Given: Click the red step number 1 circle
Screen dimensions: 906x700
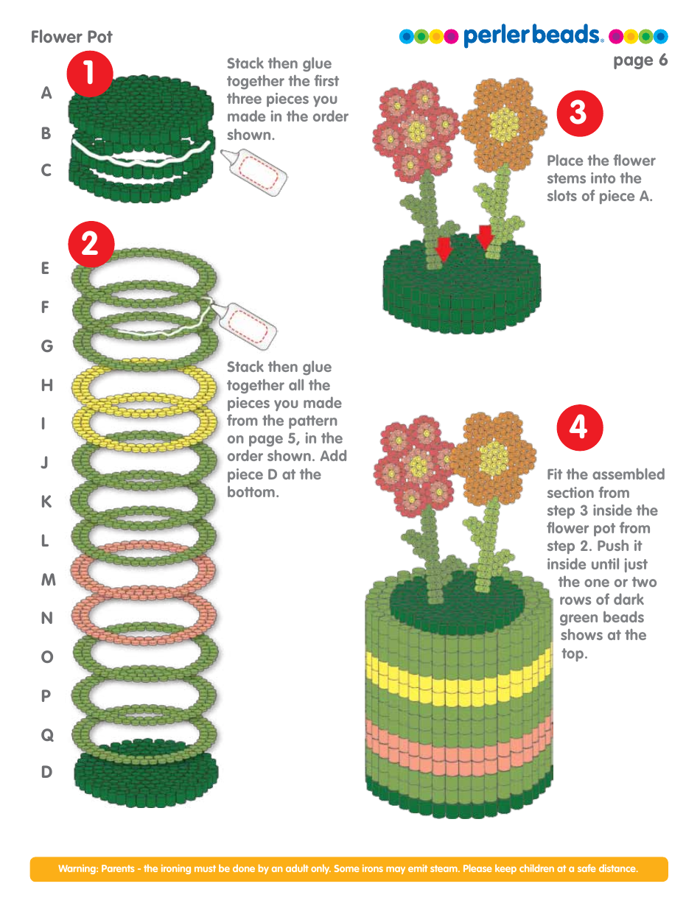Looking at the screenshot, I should click(x=89, y=74).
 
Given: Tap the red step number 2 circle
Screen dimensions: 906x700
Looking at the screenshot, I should click(x=89, y=244).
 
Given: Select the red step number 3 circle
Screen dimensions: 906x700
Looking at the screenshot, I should click(x=579, y=113).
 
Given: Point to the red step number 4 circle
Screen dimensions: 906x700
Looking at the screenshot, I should click(x=579, y=427).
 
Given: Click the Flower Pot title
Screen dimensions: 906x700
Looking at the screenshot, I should click(x=71, y=37).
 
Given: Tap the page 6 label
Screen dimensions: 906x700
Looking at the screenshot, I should click(x=640, y=60).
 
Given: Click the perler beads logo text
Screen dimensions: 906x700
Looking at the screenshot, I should click(x=533, y=35).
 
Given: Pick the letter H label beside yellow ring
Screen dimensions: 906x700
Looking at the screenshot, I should click(x=47, y=385).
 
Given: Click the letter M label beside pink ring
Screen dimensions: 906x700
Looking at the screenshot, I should click(x=48, y=580).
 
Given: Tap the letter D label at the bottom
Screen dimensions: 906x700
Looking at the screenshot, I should click(x=47, y=773).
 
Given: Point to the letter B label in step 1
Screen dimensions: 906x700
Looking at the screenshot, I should click(x=46, y=133).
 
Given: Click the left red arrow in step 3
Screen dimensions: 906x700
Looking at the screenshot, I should click(x=443, y=250).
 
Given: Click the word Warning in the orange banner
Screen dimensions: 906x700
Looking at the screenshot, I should click(x=77, y=869).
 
